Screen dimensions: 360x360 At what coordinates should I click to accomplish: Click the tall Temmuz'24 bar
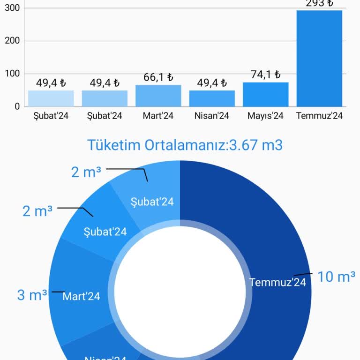pyautogui.click(x=319, y=59)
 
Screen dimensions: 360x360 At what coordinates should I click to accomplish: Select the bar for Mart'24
pyautogui.click(x=158, y=96)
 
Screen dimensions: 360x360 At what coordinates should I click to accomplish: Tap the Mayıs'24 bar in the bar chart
pyautogui.click(x=265, y=94)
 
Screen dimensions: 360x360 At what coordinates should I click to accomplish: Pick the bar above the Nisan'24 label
pyautogui.click(x=212, y=98)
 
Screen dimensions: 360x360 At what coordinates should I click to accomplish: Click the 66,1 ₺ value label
pyautogui.click(x=158, y=77)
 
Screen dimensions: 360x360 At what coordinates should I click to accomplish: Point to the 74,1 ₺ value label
pyautogui.click(x=265, y=75)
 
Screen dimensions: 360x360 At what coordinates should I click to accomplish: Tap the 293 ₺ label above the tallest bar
pyautogui.click(x=319, y=3)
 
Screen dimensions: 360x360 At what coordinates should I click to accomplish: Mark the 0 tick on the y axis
pyautogui.click(x=17, y=106)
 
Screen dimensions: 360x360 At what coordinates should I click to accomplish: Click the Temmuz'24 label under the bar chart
pyautogui.click(x=319, y=116)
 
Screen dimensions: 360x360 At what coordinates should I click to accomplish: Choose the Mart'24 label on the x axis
pyautogui.click(x=158, y=116)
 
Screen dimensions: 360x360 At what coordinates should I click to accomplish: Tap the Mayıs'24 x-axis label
pyautogui.click(x=265, y=116)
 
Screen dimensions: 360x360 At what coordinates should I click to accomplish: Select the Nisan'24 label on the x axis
pyautogui.click(x=212, y=116)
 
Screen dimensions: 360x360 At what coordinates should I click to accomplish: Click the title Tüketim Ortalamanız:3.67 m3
pyautogui.click(x=185, y=145)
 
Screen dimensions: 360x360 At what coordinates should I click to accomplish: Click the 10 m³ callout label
pyautogui.click(x=336, y=277)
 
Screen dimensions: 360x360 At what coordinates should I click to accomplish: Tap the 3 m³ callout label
pyautogui.click(x=32, y=295)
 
